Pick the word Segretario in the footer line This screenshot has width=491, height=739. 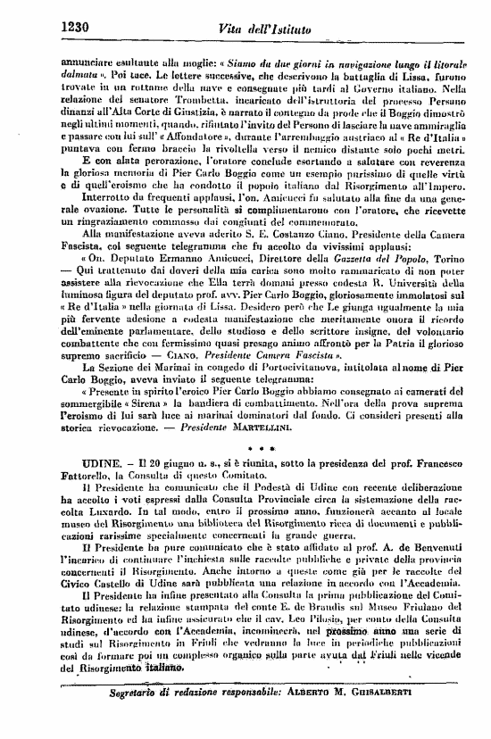(x=142, y=717)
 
